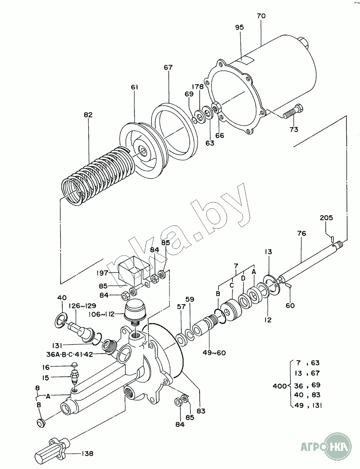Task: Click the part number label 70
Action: [x=261, y=16]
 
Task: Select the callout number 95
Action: [x=240, y=27]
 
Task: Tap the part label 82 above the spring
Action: [x=88, y=115]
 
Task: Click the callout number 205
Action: [x=326, y=218]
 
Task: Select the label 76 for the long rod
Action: [x=301, y=233]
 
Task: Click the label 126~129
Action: [x=83, y=306]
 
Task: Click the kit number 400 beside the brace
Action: [x=280, y=386]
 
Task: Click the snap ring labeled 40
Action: [x=62, y=321]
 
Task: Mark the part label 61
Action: [x=135, y=87]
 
